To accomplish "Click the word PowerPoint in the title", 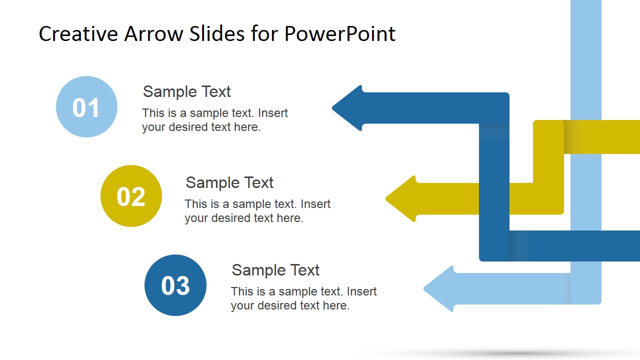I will [340, 34].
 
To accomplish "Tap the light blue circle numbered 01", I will [86, 107].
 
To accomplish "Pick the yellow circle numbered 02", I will [131, 196].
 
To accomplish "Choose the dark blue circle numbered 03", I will [175, 285].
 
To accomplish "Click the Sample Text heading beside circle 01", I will [186, 91].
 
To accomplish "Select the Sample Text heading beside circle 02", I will [229, 182].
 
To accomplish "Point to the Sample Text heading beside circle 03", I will [275, 270].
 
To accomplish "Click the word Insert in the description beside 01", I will [273, 113].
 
